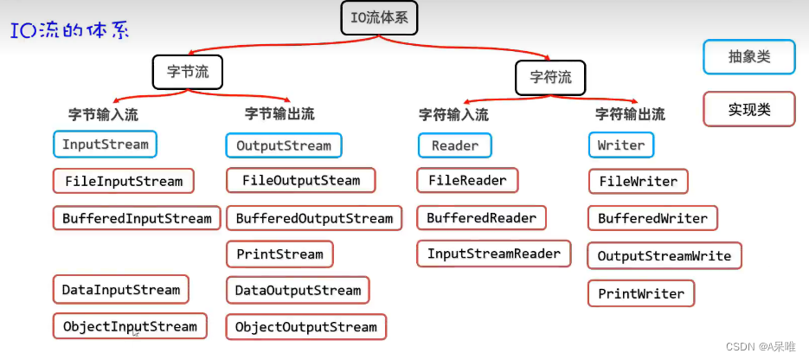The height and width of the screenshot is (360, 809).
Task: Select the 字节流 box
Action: [188, 72]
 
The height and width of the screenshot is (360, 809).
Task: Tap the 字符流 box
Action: [550, 77]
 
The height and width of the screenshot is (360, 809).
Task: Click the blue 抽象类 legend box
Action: [748, 57]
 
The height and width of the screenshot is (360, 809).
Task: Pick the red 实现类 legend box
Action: [748, 109]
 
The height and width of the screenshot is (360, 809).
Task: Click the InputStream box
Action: [105, 144]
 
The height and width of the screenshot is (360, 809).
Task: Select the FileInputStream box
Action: [124, 181]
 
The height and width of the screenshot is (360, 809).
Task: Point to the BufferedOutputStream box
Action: [314, 218]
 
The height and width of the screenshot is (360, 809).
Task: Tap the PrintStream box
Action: [279, 254]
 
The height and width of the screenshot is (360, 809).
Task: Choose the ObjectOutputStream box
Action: [305, 326]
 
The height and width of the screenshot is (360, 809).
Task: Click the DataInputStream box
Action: [120, 289]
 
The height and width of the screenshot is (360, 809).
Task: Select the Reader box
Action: [454, 145]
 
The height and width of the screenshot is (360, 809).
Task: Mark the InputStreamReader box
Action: [493, 254]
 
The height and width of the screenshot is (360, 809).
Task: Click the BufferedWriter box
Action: [652, 218]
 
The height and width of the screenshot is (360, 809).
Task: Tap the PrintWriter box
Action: [641, 293]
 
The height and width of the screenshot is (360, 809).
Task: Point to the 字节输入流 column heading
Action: [103, 113]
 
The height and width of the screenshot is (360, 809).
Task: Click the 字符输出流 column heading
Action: [630, 113]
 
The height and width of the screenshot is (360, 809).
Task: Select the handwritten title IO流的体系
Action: [69, 32]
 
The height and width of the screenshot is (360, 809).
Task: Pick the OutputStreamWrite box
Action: [664, 255]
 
